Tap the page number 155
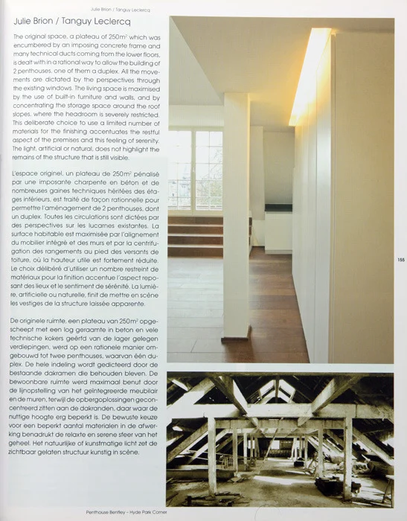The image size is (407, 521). (x=400, y=259)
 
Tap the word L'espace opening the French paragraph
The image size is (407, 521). (x=28, y=173)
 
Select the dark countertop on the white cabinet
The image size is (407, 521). (x=278, y=208)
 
